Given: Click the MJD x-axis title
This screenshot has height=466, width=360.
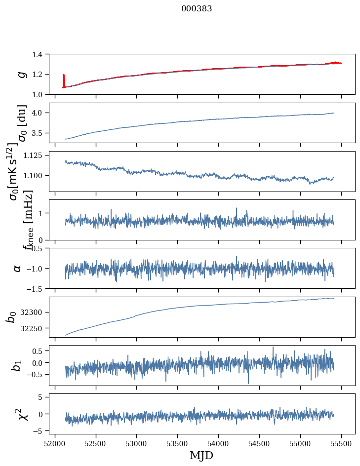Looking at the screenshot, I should (201, 455).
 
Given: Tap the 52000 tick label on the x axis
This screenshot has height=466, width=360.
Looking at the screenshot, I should (55, 443).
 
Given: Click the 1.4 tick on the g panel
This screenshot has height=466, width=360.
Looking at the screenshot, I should (42, 54).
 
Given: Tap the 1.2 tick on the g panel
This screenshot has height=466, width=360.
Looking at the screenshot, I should (42, 75).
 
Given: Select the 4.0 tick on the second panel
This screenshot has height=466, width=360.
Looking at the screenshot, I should (42, 113).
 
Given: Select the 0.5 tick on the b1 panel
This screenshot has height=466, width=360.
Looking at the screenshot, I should (42, 351).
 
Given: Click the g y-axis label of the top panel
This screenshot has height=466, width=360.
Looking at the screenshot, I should (21, 75).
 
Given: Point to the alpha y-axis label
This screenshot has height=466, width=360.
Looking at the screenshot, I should (18, 268).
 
